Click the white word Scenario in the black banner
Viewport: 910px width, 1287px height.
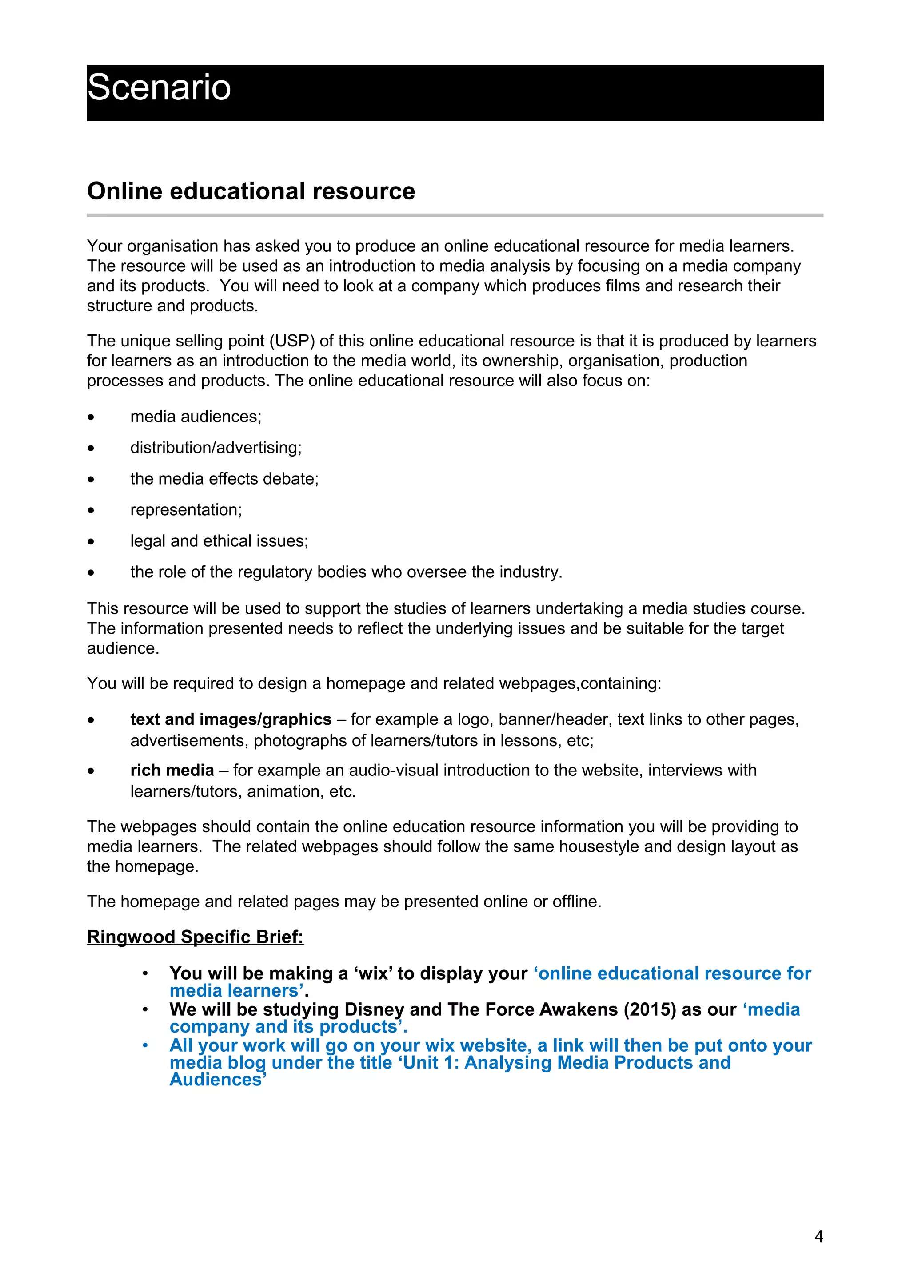[159, 88]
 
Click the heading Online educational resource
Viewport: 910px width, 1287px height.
[251, 191]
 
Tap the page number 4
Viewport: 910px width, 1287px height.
[818, 1236]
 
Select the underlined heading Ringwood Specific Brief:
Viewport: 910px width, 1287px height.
[195, 937]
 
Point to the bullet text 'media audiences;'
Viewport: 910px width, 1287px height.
[196, 417]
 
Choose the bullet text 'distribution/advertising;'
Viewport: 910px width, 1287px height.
[216, 447]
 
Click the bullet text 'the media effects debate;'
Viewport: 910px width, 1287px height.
[224, 479]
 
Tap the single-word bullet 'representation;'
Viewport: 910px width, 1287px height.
[186, 509]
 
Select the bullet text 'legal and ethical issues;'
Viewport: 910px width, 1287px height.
[219, 541]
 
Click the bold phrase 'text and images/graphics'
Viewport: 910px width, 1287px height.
[231, 719]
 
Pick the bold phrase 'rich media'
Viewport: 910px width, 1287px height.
[172, 770]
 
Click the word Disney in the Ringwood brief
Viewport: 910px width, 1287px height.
[374, 1009]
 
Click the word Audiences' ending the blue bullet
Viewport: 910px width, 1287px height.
[218, 1080]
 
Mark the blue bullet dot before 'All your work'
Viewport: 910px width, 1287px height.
[145, 1045]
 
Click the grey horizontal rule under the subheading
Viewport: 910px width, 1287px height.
[455, 215]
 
